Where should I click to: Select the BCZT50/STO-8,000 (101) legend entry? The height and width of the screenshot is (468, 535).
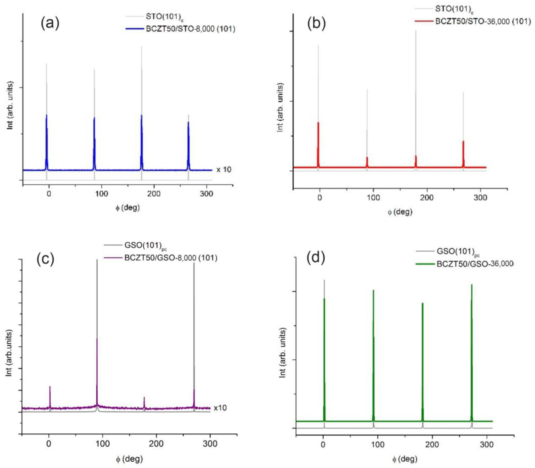tap(190, 29)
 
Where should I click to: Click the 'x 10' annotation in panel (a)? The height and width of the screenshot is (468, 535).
tap(224, 170)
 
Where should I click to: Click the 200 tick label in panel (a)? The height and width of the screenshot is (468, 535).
tap(154, 194)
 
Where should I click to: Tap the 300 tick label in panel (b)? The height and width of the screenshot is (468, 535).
tap(480, 197)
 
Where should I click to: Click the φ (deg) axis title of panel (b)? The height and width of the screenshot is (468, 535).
tap(400, 212)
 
